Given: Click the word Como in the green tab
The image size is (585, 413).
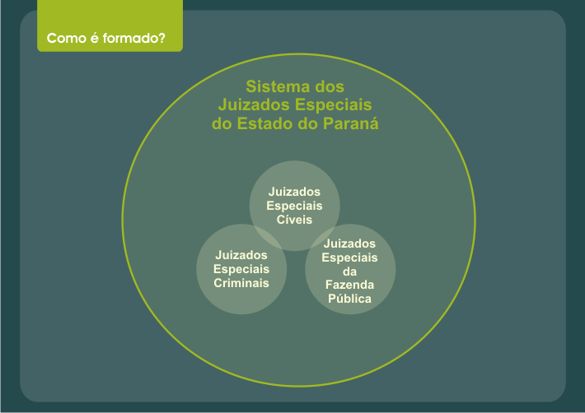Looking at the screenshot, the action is [x=67, y=38].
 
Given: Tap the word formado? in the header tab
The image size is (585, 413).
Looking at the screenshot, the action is [x=134, y=38].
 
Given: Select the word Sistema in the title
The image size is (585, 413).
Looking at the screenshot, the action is [x=278, y=86].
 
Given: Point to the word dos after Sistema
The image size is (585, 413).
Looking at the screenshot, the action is [x=330, y=86].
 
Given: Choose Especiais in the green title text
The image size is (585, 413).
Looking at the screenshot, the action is [x=334, y=105].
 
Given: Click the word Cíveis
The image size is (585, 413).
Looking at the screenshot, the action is [x=294, y=220].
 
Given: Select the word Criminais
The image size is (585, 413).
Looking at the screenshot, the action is [x=241, y=283].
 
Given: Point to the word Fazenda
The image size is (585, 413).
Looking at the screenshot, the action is [x=349, y=285].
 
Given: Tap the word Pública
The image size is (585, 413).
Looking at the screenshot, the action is [x=349, y=299].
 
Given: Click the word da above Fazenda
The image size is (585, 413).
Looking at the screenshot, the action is [x=349, y=271].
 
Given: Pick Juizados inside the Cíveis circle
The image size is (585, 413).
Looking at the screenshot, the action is [x=294, y=192].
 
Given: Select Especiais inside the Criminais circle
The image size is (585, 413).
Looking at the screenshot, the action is [x=241, y=269].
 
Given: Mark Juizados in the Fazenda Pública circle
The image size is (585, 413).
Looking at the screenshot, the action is [x=349, y=244].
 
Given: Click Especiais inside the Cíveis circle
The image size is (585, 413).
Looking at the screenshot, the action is [x=294, y=206].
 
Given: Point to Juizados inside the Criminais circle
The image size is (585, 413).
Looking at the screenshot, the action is [x=241, y=255].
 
